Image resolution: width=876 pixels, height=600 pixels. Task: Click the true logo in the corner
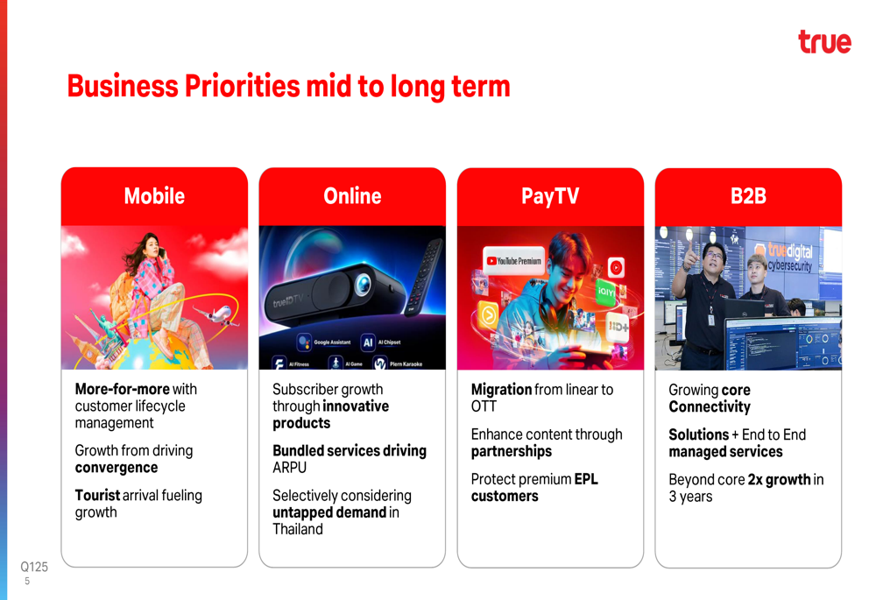pos(824,42)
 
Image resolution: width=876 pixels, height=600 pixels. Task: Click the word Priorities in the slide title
pos(243,86)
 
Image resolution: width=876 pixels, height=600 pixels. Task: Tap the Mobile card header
pos(154,196)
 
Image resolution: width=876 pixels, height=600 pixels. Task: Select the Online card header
pos(352,196)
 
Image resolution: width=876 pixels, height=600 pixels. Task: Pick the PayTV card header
pos(550,196)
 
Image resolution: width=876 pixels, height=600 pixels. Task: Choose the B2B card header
pos(748,196)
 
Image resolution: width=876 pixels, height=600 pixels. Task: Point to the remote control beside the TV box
pos(424,277)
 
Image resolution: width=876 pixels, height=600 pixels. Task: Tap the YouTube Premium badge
pos(513,260)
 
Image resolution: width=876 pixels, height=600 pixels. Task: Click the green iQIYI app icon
pos(605,292)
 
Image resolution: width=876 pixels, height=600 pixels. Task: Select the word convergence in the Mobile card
pos(117,468)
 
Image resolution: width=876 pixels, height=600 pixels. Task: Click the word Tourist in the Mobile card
pos(97,495)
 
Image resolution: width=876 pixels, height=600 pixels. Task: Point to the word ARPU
pos(289,468)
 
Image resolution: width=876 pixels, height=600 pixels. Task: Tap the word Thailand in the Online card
pos(298,529)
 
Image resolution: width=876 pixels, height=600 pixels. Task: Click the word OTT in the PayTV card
pos(484,406)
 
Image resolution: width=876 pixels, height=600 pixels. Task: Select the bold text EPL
pos(586,479)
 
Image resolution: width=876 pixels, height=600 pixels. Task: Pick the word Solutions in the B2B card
pos(699,434)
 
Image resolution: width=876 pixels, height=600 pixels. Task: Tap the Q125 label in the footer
pos(34,567)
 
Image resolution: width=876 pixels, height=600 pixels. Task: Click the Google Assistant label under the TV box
pos(332,342)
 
